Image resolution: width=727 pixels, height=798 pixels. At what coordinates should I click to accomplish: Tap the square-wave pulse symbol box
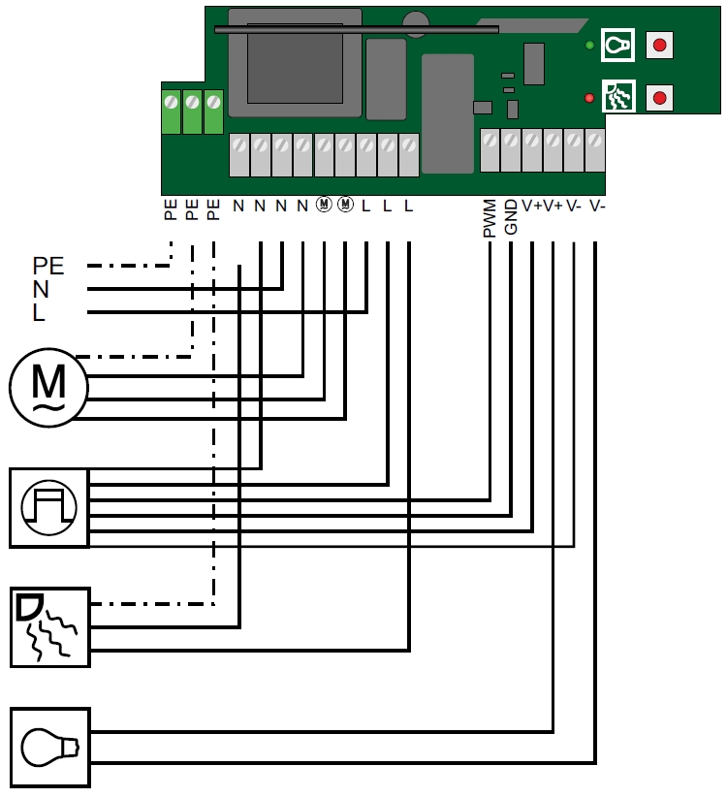(x=49, y=507)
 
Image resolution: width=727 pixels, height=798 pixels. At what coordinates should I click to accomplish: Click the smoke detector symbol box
(x=49, y=626)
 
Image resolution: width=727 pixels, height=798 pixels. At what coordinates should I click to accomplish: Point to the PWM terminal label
(x=490, y=219)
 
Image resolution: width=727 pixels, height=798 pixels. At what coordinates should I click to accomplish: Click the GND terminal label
(x=512, y=217)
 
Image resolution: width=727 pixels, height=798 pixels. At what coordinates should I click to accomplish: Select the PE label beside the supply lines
(x=48, y=265)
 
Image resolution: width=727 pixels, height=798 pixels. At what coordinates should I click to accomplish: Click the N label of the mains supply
(x=41, y=288)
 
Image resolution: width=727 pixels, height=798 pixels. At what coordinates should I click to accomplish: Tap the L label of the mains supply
(x=39, y=312)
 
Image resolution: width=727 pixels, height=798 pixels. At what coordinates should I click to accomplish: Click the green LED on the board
(x=589, y=46)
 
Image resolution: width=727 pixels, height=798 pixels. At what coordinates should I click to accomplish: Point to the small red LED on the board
(x=589, y=98)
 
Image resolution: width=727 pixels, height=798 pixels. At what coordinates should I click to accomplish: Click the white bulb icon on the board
(x=617, y=46)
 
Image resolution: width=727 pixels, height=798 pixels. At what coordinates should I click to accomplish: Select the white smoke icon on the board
(x=617, y=97)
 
